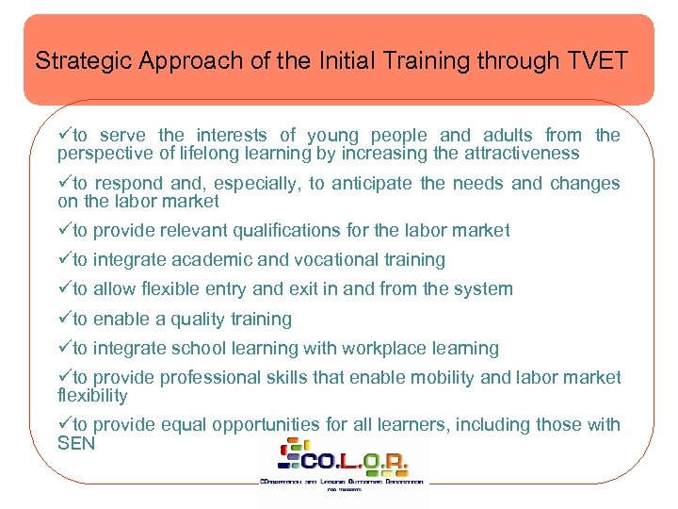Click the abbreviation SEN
pyautogui.click(x=76, y=442)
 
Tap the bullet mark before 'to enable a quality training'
pyautogui.click(x=65, y=319)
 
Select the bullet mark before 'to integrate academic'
pyautogui.click(x=65, y=259)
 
